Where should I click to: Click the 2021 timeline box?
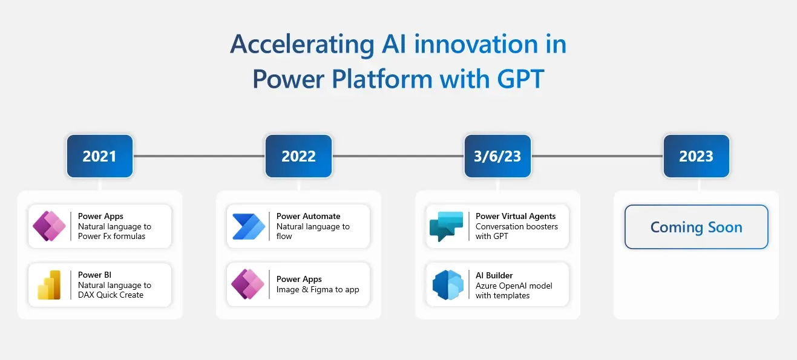point(99,156)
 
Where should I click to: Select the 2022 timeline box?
point(298,156)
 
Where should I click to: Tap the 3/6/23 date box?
point(497,156)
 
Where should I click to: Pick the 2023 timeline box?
point(696,156)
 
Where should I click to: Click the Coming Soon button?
point(696,227)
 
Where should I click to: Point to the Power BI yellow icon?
point(50,285)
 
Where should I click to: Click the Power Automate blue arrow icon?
point(249,226)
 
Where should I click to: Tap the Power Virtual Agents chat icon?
point(447,226)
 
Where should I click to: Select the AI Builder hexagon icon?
point(448,285)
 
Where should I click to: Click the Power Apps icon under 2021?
point(50,226)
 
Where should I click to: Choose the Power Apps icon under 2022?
point(248,284)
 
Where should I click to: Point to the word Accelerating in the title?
point(301,45)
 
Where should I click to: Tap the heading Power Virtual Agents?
point(516,216)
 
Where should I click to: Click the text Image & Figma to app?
point(318,289)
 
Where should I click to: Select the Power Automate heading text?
point(308,216)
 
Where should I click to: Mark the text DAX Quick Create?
point(111,295)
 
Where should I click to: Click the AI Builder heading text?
point(494,275)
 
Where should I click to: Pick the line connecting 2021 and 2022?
point(198,156)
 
